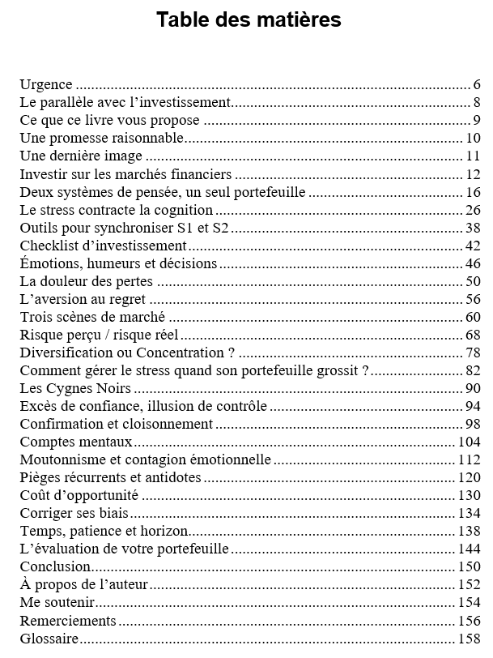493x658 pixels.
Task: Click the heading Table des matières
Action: coord(248,19)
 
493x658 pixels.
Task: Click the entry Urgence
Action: coord(46,84)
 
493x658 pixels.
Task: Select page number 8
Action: coord(478,102)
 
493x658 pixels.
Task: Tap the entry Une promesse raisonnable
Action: coord(102,138)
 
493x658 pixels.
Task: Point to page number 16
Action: coord(474,192)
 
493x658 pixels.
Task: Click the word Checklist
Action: coord(47,246)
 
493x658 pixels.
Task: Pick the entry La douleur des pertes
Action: coord(86,281)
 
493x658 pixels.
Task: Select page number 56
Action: coord(474,299)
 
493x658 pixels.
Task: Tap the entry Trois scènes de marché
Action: coord(92,317)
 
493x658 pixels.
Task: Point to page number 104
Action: coord(470,442)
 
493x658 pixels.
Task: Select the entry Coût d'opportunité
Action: coord(79,495)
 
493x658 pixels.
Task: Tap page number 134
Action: coord(470,513)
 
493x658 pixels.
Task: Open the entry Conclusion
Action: coord(55,566)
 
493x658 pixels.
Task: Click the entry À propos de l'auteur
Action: coord(83,584)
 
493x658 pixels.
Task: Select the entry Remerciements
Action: coord(67,621)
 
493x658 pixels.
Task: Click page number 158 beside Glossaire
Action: coord(470,639)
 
